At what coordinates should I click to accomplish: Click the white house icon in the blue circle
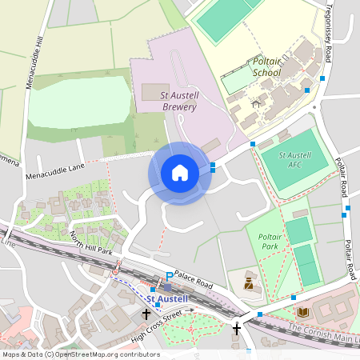pyautogui.click(x=180, y=173)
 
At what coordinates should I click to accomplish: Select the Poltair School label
pyautogui.click(x=266, y=66)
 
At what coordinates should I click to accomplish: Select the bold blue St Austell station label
pyautogui.click(x=168, y=298)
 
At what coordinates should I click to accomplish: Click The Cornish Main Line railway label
pyautogui.click(x=320, y=330)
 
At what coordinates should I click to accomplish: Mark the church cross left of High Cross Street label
pyautogui.click(x=146, y=314)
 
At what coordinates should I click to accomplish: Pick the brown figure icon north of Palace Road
pyautogui.click(x=248, y=282)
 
